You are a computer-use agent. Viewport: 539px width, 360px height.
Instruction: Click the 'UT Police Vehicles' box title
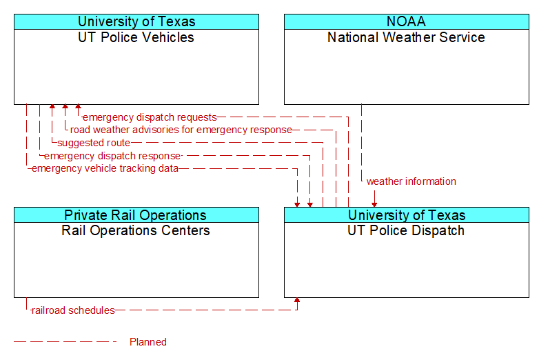tap(136, 37)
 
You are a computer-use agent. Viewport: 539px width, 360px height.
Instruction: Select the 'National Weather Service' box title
tap(406, 37)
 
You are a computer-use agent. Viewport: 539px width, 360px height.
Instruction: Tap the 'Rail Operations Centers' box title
tap(136, 230)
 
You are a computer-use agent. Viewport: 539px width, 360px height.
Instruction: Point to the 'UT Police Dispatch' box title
tap(406, 230)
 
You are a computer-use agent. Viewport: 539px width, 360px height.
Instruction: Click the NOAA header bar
tap(406, 21)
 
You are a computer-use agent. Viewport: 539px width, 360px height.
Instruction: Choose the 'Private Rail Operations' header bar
tap(136, 215)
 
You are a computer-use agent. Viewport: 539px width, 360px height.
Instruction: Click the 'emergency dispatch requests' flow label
tap(150, 117)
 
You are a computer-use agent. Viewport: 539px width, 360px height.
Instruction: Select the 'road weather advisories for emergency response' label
tap(181, 130)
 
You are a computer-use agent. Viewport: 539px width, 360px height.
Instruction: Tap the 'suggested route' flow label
tap(94, 143)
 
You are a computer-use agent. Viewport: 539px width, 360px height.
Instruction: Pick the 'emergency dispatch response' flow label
tap(112, 156)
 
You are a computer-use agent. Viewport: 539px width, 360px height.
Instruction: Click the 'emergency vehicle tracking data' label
tap(105, 168)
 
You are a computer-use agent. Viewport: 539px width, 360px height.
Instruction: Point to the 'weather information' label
tap(411, 181)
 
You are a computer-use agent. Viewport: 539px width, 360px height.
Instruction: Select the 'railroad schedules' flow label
tap(73, 310)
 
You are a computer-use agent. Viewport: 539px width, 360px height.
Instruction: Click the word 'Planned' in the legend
tap(148, 341)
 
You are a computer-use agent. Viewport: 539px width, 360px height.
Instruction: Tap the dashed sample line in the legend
tap(65, 341)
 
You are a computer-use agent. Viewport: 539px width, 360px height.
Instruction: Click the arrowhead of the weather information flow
tap(374, 203)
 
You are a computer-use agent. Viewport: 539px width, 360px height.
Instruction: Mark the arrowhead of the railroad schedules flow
tap(297, 301)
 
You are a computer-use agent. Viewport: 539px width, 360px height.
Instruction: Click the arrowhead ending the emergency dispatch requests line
tap(78, 108)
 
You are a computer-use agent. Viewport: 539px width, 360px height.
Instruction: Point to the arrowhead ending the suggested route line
tap(52, 108)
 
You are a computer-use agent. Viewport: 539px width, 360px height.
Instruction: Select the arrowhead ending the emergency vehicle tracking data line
tap(297, 203)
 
